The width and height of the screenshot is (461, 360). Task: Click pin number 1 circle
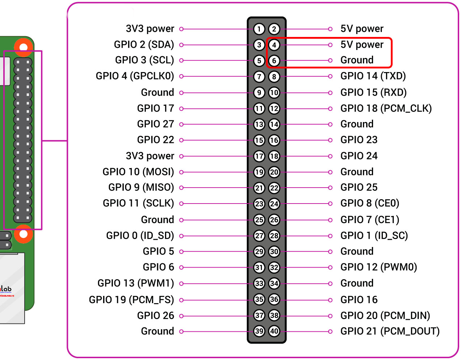click(259, 29)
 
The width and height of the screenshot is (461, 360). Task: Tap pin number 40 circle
click(274, 331)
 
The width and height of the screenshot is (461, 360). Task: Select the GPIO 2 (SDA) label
click(144, 45)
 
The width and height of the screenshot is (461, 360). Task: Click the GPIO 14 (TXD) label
click(373, 76)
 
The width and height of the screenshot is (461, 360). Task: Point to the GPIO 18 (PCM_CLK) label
click(386, 108)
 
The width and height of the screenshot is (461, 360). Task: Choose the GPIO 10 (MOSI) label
click(138, 172)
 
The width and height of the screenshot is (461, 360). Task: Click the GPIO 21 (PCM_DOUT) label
click(390, 331)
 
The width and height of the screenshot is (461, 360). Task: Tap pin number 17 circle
click(259, 156)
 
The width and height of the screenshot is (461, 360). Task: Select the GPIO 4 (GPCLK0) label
click(135, 76)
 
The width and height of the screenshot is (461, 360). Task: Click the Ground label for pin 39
click(157, 331)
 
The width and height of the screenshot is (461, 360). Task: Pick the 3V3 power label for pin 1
click(150, 29)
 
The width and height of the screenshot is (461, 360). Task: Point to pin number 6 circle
click(274, 60)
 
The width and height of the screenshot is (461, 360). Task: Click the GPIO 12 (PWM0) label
click(378, 267)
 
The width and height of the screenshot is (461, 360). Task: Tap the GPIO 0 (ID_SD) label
click(140, 236)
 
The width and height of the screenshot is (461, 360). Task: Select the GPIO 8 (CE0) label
click(369, 203)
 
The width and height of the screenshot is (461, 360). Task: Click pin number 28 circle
click(274, 236)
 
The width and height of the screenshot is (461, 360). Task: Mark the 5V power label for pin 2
click(361, 29)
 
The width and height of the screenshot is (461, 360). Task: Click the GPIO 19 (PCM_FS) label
click(131, 300)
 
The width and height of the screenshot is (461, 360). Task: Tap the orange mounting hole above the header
click(24, 47)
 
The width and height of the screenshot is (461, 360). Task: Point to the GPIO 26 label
click(156, 315)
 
